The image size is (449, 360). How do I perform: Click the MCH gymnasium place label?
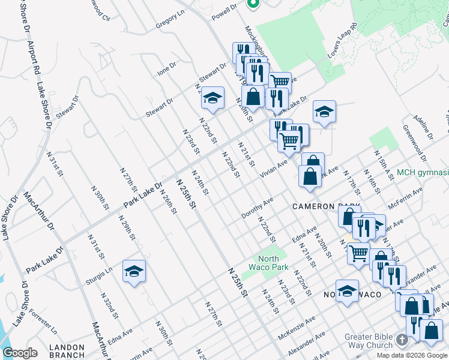[423, 173]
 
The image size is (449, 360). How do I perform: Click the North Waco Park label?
[270, 263]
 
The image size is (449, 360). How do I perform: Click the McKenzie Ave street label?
[292, 330]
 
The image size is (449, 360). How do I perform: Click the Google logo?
[20, 353]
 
